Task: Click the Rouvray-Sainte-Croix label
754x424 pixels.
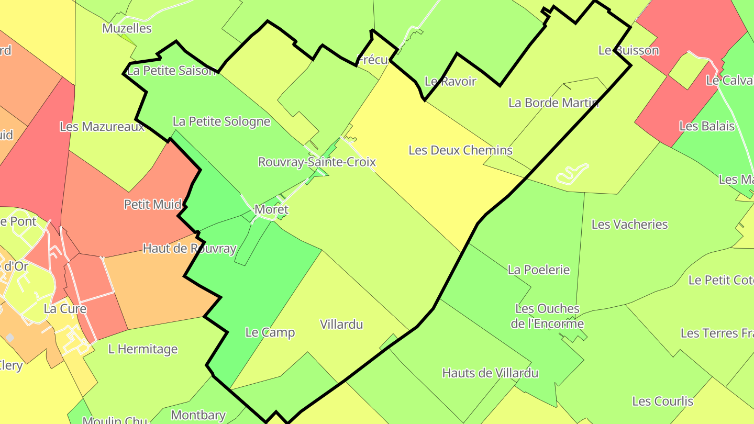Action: [x=317, y=162]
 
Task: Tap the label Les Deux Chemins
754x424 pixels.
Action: [x=460, y=150]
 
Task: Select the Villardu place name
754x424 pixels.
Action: [x=341, y=325]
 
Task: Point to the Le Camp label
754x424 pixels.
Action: [x=270, y=332]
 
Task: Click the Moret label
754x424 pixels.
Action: [x=271, y=209]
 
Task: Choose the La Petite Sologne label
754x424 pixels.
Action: [x=221, y=121]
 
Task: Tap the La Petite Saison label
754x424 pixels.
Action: [x=172, y=70]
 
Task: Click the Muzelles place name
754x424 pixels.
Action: [x=127, y=28]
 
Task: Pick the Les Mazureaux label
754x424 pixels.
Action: [x=102, y=126]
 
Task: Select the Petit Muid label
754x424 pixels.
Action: [x=153, y=204]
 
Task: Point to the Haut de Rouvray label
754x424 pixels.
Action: [x=190, y=248]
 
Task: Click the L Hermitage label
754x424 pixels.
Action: [x=143, y=349]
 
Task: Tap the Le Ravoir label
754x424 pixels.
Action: [x=450, y=81]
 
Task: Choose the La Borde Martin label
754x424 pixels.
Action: [x=553, y=103]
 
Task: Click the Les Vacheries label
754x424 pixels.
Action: [x=629, y=225]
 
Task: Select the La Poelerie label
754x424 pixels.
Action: [x=539, y=270]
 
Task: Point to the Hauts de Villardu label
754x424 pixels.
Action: [x=490, y=373]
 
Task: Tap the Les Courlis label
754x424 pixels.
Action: [x=662, y=401]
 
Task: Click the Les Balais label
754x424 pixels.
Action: [x=707, y=126]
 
